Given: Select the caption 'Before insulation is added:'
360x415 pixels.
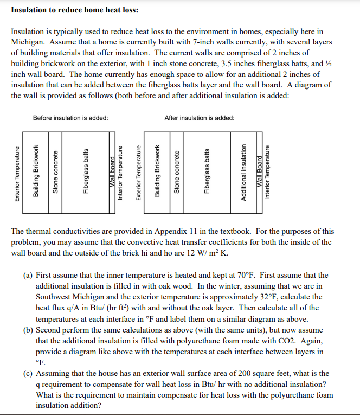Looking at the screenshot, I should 70,118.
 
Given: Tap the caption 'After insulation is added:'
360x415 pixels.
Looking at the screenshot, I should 199,118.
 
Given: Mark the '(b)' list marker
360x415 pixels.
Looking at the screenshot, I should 28,330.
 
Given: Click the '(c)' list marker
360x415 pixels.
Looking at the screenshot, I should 28,373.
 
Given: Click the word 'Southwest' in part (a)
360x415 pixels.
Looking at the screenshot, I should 53,297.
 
